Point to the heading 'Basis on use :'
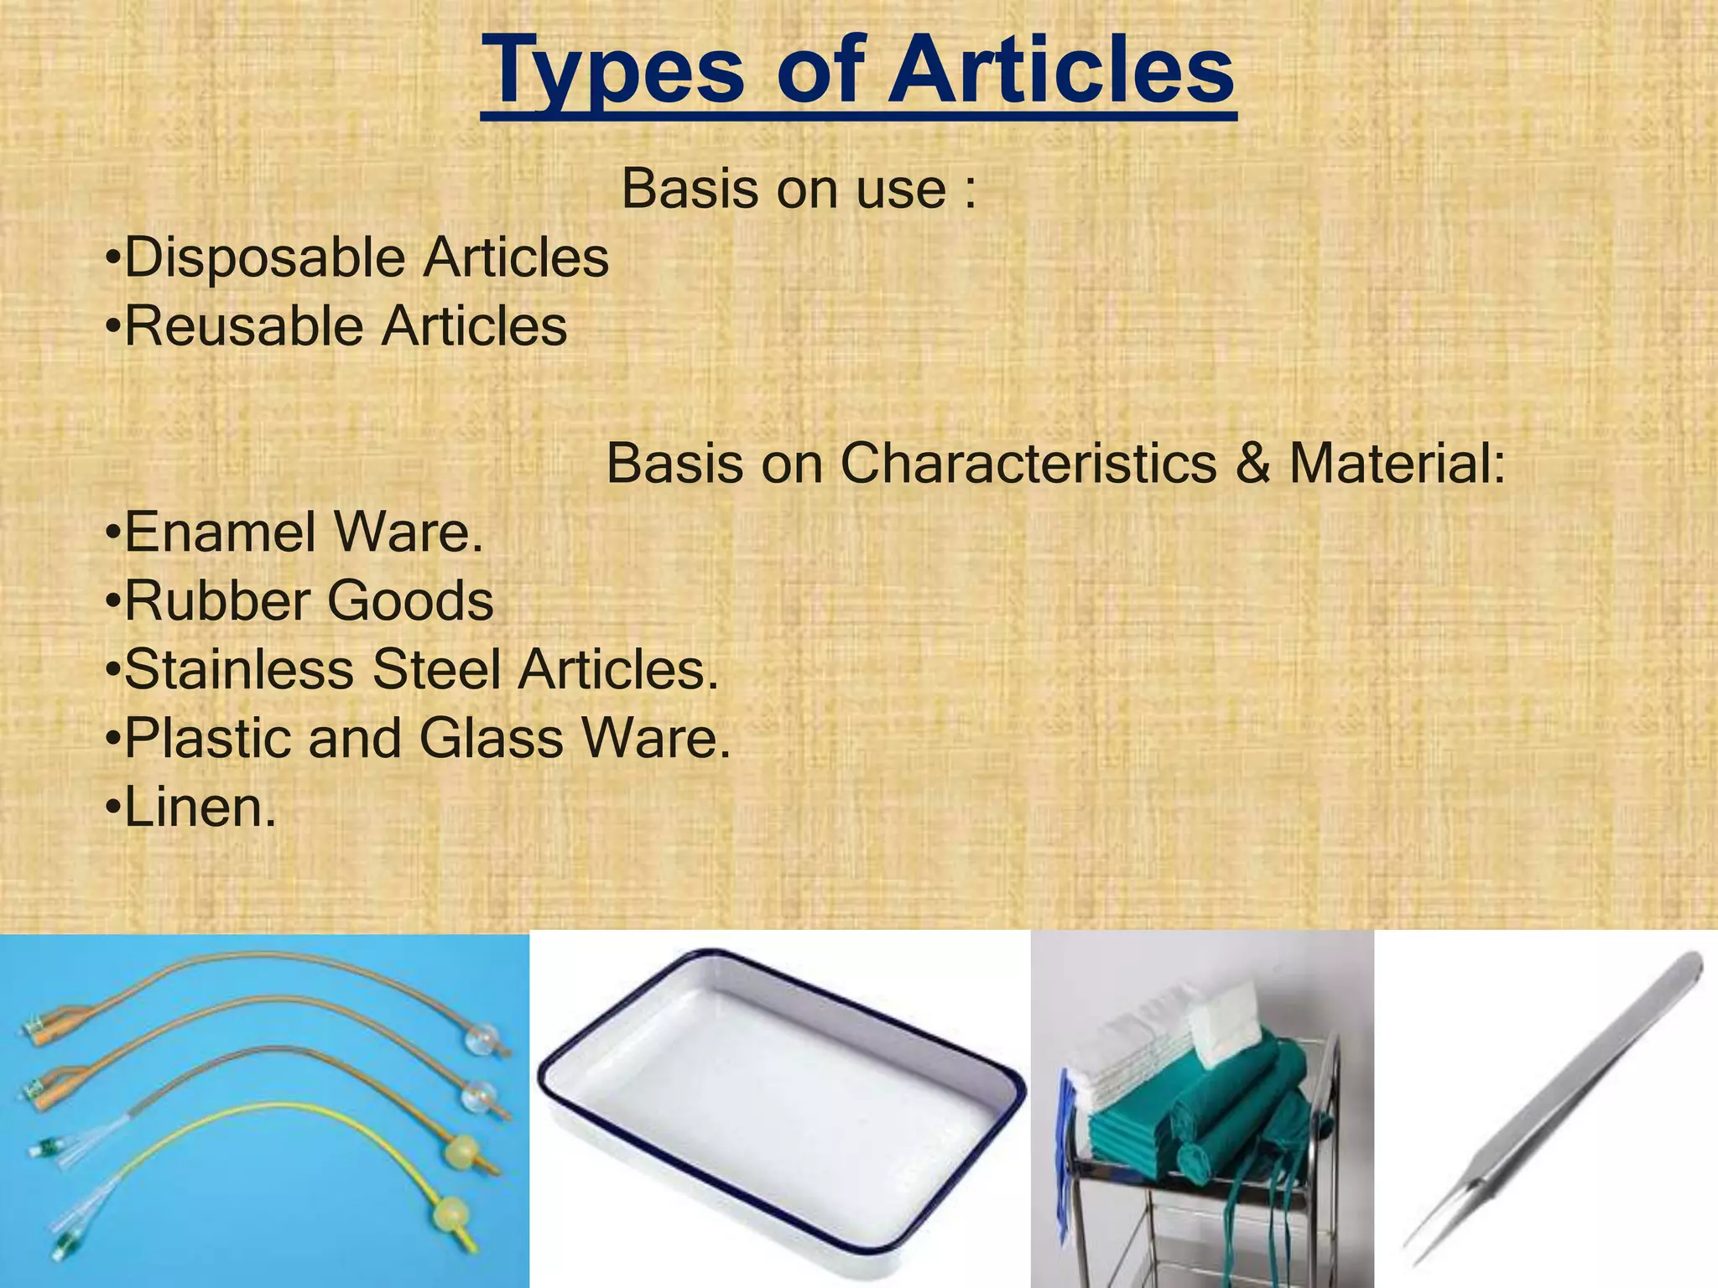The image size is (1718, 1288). [x=799, y=190]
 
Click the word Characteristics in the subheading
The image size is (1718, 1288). [x=1028, y=463]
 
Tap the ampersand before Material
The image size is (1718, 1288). [x=1251, y=463]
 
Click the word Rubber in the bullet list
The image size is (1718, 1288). [x=216, y=601]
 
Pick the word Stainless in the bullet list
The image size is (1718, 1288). [x=238, y=670]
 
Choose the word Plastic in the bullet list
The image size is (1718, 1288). [x=207, y=739]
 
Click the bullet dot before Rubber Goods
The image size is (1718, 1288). [x=112, y=602]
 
